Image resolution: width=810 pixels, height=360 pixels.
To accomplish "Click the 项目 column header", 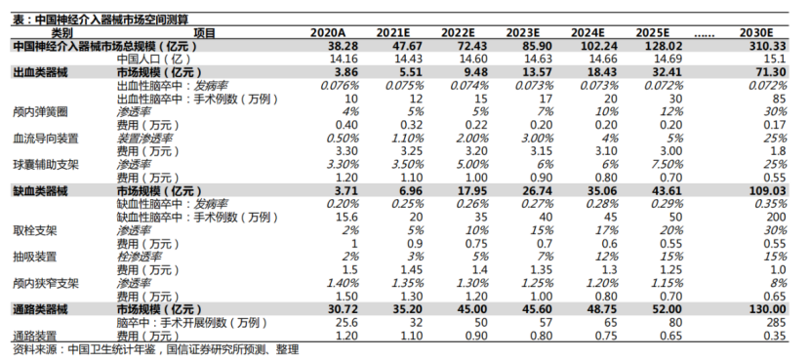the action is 204,33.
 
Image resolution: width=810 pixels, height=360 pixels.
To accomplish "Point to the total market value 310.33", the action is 768,46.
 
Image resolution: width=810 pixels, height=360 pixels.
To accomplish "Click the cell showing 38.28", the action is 343,46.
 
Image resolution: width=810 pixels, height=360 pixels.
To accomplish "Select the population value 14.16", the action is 344,59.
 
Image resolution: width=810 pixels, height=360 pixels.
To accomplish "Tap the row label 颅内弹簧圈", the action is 40,111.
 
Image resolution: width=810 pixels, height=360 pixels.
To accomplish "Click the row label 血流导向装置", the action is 46,139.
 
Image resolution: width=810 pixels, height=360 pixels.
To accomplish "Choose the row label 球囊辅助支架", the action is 46,165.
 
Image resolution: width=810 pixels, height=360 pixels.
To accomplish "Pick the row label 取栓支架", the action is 34,231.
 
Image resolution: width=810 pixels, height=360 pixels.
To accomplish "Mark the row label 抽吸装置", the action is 34,257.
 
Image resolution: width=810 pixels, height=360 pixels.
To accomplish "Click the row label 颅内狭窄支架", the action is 46,284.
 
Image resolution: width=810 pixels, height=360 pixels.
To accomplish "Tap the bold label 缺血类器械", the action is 40,191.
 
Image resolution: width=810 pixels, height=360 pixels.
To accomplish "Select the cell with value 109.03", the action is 768,191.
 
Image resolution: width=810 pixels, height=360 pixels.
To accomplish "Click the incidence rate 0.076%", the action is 340,85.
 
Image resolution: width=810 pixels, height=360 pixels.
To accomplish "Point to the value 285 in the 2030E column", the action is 777,323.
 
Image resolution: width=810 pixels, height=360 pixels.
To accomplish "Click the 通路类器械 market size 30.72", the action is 343,310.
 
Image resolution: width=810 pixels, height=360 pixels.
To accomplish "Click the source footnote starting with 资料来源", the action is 155,350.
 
